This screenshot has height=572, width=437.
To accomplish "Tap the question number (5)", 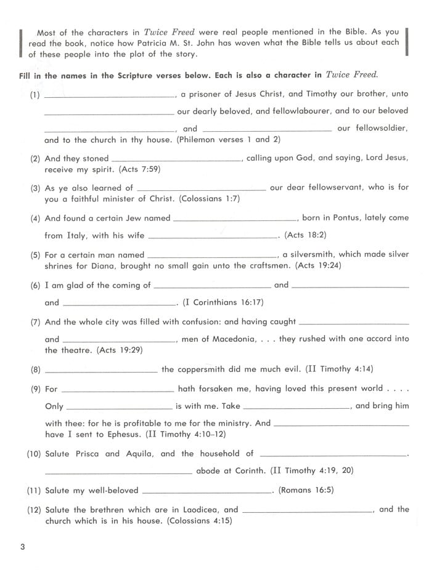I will [x=35, y=254].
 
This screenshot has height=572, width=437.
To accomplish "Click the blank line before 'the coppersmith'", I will [x=102, y=371].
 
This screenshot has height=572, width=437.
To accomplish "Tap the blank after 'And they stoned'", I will [x=177, y=160].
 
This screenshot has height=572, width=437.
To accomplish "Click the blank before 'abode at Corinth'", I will [x=118, y=473].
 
